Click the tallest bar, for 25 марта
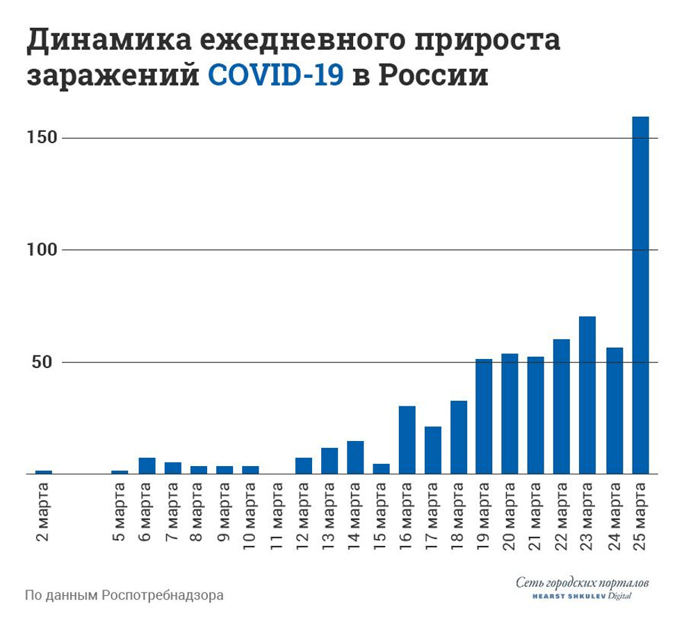coord(640,295)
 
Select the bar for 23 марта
coord(587,395)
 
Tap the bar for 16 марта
coord(407,440)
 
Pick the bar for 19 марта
coord(484,416)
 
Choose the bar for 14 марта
coord(355,457)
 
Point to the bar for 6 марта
coord(147,465)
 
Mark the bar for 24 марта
coord(614,410)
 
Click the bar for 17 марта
coord(432,450)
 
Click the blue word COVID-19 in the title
coord(276,75)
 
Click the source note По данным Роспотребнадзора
coord(124,596)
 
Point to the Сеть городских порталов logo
coord(583,587)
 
